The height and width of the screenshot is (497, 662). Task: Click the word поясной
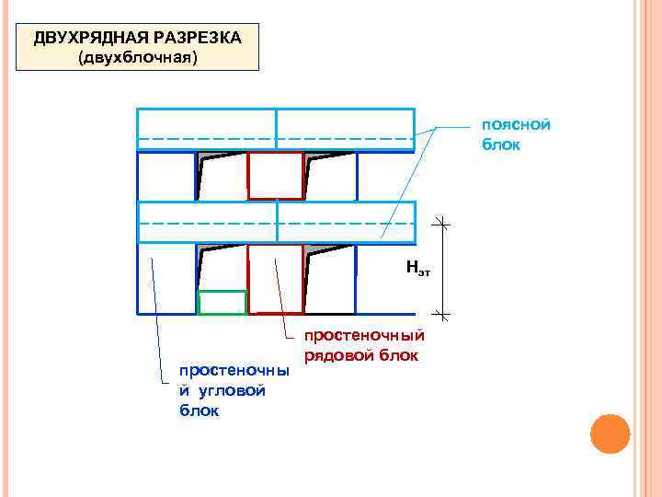pyautogui.click(x=516, y=125)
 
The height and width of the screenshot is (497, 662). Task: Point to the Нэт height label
pyautogui.click(x=417, y=269)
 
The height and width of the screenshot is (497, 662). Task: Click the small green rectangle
pyautogui.click(x=223, y=303)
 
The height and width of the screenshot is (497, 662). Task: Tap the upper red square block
pyautogui.click(x=275, y=175)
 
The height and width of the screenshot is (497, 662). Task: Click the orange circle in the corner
pyautogui.click(x=610, y=433)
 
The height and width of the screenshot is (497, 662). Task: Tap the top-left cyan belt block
pyautogui.click(x=206, y=129)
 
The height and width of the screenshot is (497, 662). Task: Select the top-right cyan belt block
pyautogui.click(x=346, y=129)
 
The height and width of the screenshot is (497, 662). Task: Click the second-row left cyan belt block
pyautogui.click(x=206, y=222)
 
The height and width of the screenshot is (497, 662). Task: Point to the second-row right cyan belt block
pyautogui.click(x=346, y=222)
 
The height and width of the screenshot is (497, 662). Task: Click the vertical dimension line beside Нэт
pyautogui.click(x=441, y=269)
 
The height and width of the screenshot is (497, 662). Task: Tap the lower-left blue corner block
pyautogui.click(x=165, y=279)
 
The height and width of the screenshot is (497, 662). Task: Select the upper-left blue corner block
pyautogui.click(x=165, y=175)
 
